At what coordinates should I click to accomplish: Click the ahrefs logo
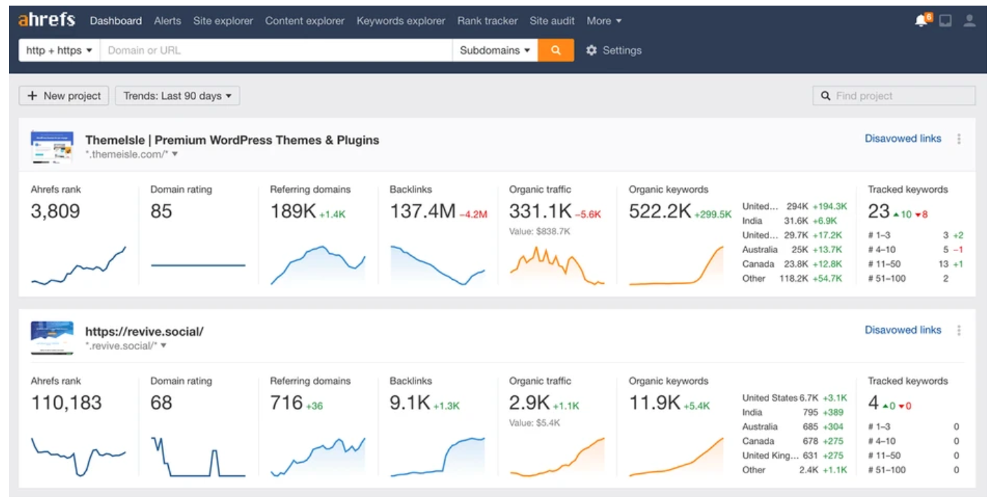46,20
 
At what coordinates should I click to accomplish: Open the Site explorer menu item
223,21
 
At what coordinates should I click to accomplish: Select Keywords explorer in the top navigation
401,21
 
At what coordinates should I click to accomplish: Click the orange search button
555,50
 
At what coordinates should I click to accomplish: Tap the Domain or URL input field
276,50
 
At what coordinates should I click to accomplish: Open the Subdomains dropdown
494,50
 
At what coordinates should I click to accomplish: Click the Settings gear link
614,50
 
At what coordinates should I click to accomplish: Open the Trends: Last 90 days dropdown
177,96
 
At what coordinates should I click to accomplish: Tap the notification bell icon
921,21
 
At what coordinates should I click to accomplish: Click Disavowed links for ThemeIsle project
902,139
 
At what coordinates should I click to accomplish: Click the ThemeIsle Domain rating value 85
161,211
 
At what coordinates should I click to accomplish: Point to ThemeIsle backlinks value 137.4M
422,211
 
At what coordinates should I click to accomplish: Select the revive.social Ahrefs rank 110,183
67,403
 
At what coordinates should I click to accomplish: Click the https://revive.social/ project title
144,332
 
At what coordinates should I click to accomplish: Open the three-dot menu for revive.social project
959,330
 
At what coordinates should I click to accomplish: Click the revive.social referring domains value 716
286,403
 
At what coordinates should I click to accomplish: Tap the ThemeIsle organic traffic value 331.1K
540,211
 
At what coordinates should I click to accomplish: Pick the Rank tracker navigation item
487,21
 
